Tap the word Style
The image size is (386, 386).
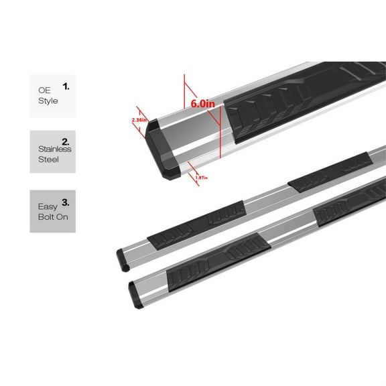(x=48, y=101)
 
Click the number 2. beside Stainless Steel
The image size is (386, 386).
(x=66, y=142)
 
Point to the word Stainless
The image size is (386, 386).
(x=54, y=149)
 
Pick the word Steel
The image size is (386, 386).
(x=50, y=160)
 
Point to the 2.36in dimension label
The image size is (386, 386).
(x=140, y=121)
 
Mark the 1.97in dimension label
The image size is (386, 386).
(x=201, y=177)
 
